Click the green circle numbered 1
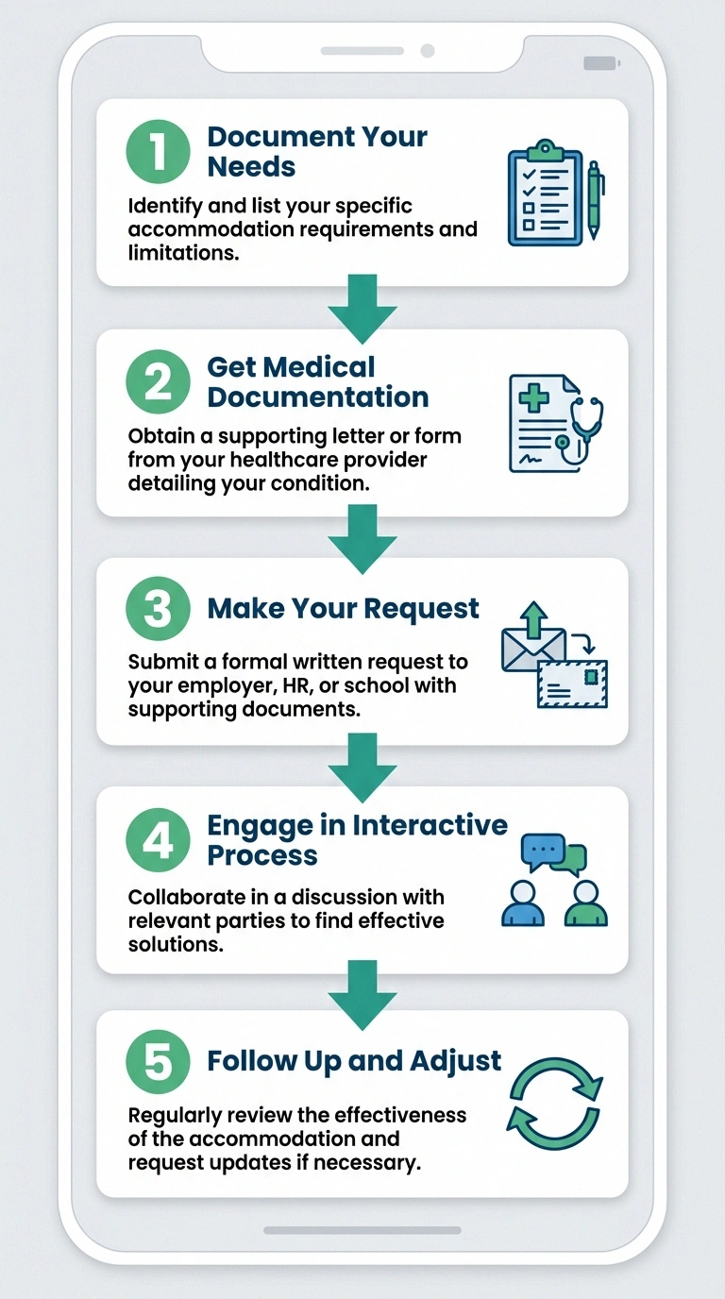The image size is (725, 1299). tap(157, 152)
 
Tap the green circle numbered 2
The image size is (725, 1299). tap(157, 382)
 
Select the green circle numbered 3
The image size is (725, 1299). tap(157, 609)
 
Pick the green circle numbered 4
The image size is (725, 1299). tap(157, 840)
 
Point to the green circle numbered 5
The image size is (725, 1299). tap(157, 1061)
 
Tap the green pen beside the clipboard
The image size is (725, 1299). tap(595, 199)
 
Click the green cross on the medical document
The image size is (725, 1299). tap(534, 398)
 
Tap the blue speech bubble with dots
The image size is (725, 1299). tap(542, 852)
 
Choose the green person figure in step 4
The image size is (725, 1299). tap(585, 903)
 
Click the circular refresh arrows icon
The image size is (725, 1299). tap(555, 1101)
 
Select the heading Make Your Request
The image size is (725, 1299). tap(344, 609)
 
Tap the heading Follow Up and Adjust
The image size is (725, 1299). tap(354, 1061)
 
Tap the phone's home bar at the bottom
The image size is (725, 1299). tap(362, 1231)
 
